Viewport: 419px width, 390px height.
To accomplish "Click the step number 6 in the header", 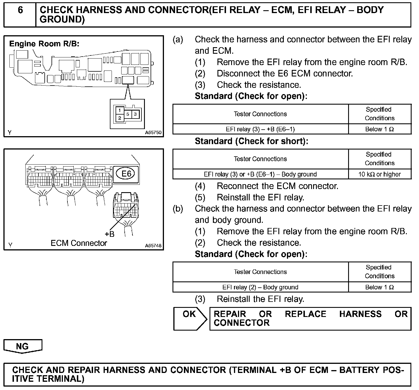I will [20, 10].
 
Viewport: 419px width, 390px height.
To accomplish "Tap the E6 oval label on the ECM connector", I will [126, 173].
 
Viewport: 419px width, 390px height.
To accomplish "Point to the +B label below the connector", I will [109, 234].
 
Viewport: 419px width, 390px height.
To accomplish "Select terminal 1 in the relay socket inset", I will [120, 110].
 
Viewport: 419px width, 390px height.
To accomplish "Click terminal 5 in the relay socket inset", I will [128, 114].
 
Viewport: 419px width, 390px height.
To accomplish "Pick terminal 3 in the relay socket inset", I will [135, 114].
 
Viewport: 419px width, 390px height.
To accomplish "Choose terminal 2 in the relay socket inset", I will [120, 118].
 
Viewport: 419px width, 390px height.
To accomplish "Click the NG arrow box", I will [22, 346].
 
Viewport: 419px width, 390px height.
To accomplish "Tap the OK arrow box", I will [190, 318].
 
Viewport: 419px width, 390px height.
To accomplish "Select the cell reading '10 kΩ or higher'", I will [379, 174].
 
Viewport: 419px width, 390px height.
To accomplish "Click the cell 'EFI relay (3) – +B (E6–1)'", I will [260, 129].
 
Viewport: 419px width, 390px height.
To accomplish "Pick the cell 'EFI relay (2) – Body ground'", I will [260, 287].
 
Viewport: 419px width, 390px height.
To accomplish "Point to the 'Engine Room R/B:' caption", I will [44, 44].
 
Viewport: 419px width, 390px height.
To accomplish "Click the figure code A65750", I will [153, 132].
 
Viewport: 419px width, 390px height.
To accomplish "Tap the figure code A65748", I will [153, 246].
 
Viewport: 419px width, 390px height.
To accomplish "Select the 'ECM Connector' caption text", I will [79, 243].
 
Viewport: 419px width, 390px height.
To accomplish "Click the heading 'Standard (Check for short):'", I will [251, 141].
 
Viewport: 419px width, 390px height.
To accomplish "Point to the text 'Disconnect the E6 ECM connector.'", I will [285, 74].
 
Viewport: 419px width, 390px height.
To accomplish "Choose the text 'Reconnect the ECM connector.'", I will [278, 186].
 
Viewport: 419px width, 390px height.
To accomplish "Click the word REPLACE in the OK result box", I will [305, 314].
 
